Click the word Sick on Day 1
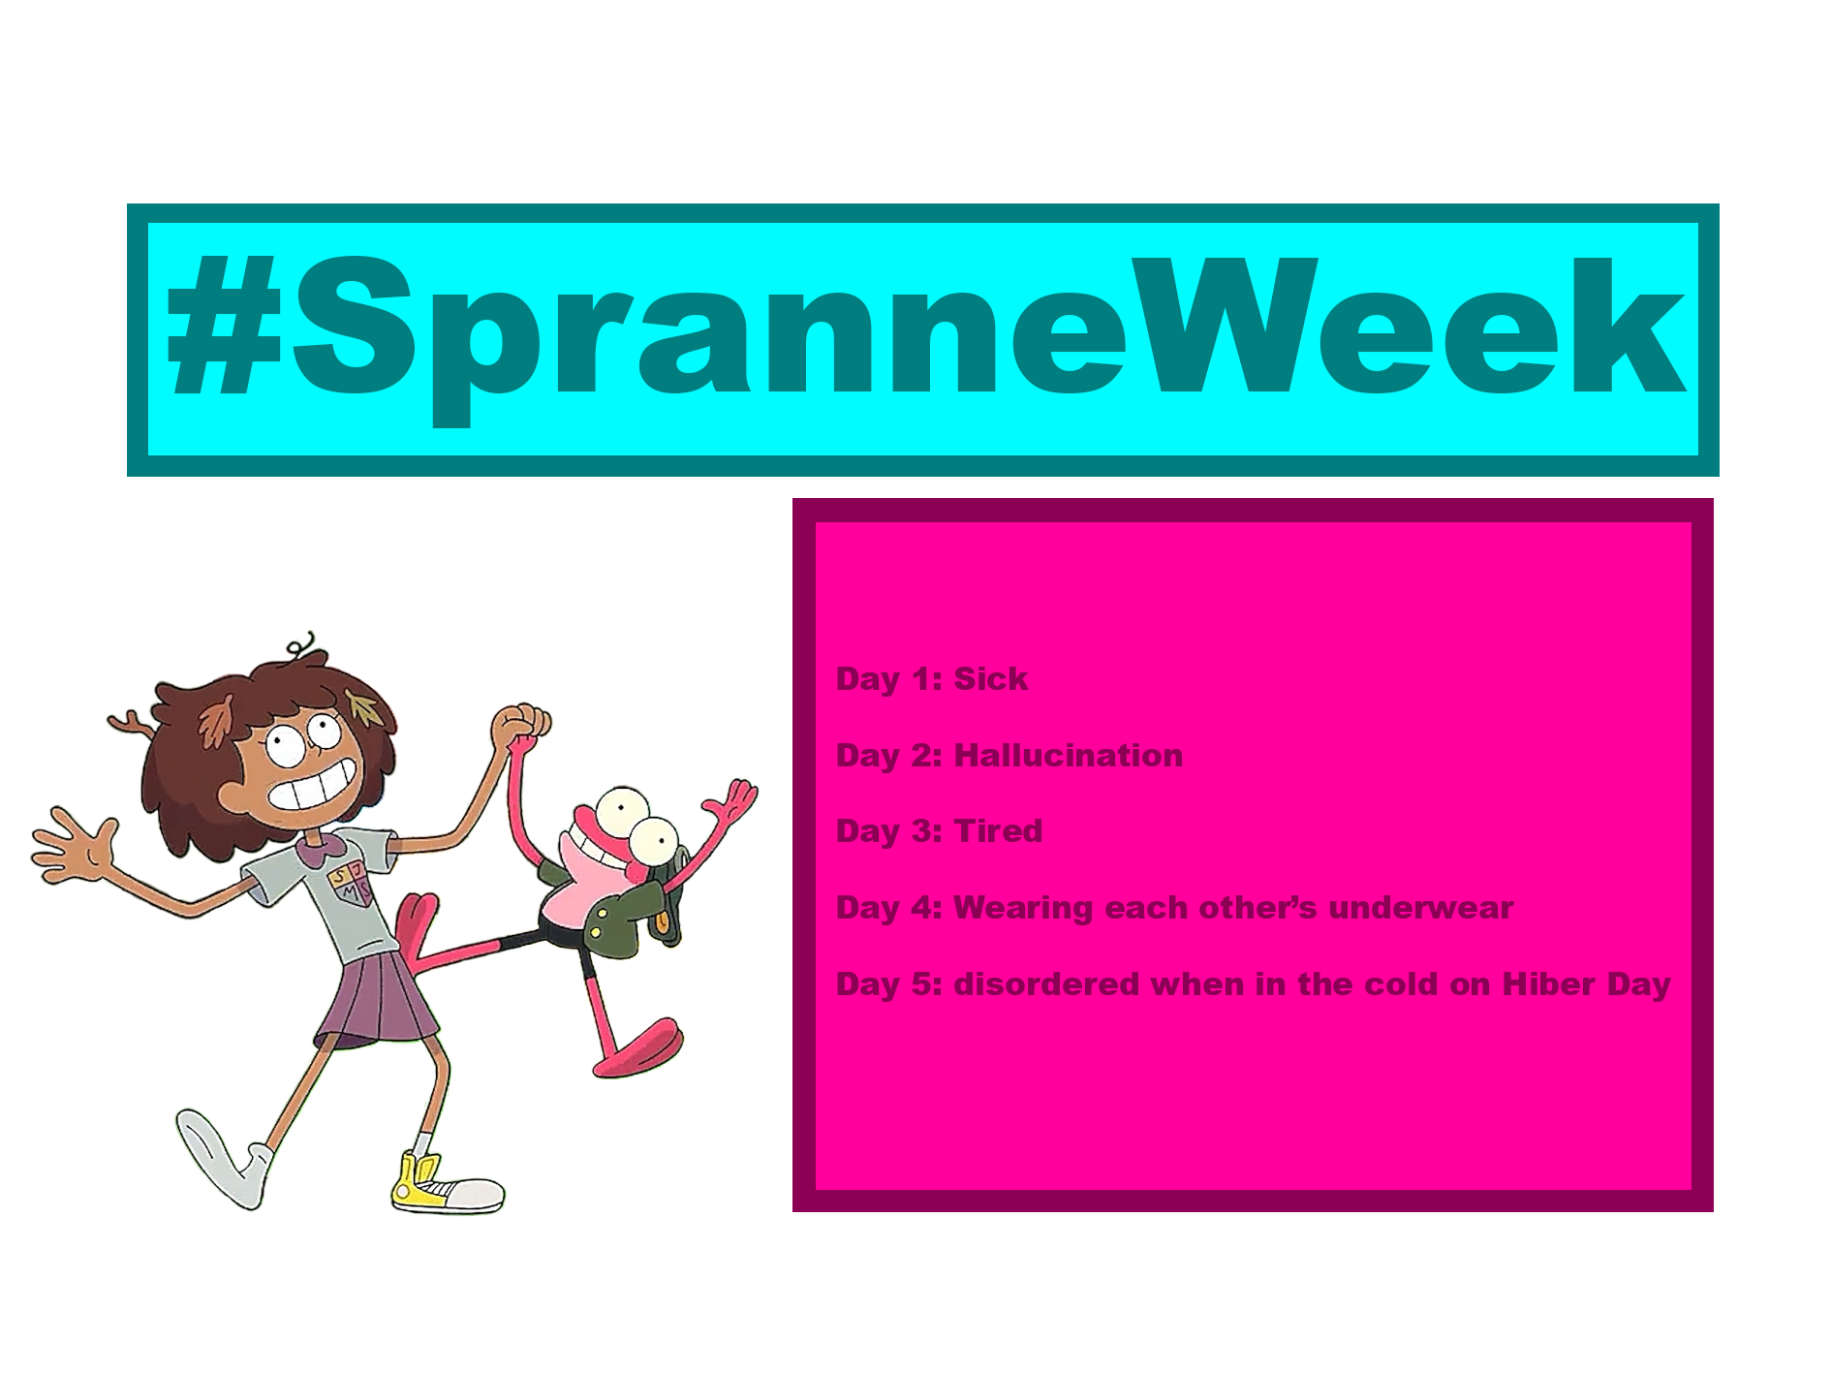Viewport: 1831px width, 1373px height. pos(990,679)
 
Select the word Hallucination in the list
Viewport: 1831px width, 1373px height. pos(1068,756)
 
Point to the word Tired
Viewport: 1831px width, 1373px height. pos(998,831)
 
